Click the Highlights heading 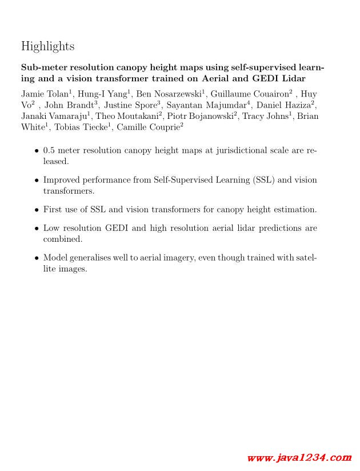coord(47,46)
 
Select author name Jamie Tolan coord(43,94)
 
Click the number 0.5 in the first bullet coord(49,151)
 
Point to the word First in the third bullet coord(53,210)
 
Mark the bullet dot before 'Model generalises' coord(37,258)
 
